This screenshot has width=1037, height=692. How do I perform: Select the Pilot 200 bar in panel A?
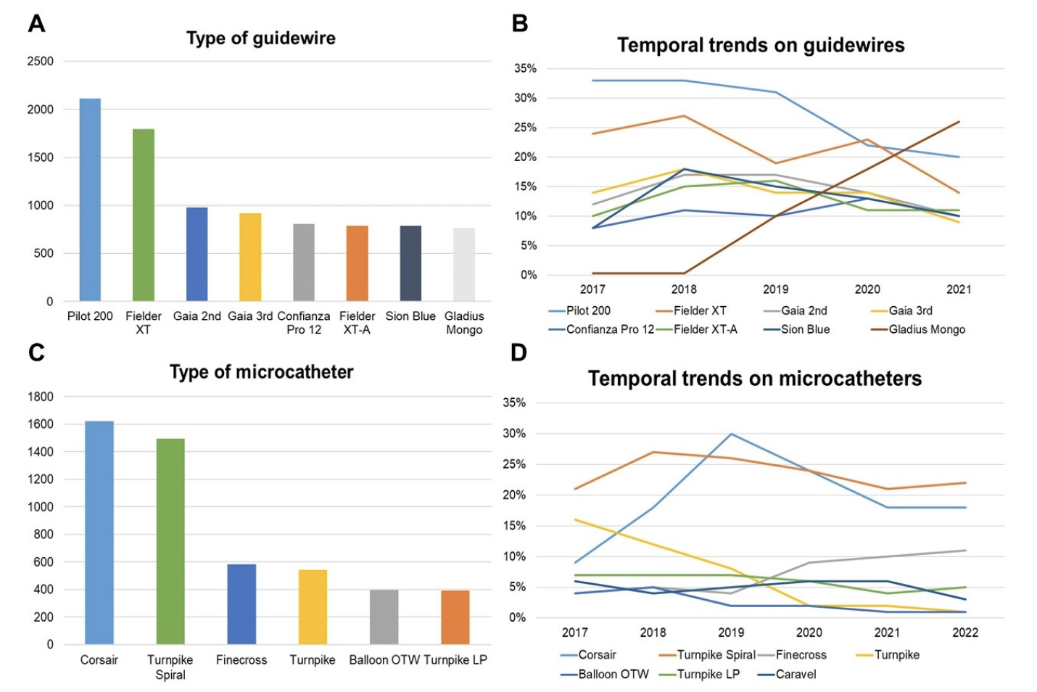point(90,199)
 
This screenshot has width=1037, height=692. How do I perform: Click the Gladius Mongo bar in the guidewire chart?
point(464,265)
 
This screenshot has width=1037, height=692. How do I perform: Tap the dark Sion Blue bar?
point(410,263)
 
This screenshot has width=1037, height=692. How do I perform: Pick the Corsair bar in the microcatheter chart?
point(99,532)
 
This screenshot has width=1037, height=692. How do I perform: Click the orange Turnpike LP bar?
point(455,617)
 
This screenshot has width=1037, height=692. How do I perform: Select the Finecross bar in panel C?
point(241,604)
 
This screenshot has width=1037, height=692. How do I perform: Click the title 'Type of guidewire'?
point(261,38)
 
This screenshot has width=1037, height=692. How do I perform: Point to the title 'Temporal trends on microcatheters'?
point(754,379)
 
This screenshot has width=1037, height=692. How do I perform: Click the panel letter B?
point(519,23)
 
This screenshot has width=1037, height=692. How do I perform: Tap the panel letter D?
point(518,353)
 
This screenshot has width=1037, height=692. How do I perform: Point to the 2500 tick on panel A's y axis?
point(41,62)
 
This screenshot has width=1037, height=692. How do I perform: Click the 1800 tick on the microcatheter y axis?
point(41,397)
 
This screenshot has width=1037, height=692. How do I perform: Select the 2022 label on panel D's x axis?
point(964,633)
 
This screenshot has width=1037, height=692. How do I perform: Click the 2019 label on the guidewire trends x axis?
point(775,289)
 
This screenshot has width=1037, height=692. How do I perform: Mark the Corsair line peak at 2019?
point(731,434)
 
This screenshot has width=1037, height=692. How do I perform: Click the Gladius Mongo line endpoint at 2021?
point(959,122)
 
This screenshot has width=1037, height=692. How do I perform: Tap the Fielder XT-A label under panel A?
point(357,323)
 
